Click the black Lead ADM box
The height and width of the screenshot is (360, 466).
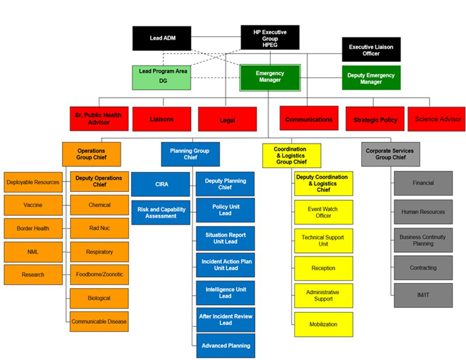[x=162, y=39]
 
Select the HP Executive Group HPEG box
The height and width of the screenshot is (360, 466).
[x=270, y=37]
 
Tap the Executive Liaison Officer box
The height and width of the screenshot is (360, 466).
[x=371, y=50]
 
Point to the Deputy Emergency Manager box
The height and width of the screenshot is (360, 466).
[x=371, y=78]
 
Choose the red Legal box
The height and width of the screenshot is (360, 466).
[x=227, y=120]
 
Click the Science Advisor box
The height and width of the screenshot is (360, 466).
[x=436, y=119]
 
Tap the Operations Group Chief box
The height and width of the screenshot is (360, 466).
[x=91, y=154]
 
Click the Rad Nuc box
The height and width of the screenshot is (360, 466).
[x=99, y=228]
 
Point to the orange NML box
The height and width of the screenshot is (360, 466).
[x=33, y=251]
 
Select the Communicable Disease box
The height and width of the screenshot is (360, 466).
[x=99, y=321]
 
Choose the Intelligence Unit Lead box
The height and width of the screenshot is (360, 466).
[x=225, y=292]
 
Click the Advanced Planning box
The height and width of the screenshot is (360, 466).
[x=225, y=345]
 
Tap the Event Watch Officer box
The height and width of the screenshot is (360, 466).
[x=323, y=212]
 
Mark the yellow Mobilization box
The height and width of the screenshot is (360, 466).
[x=323, y=324]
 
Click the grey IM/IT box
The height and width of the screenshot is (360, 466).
[x=423, y=295]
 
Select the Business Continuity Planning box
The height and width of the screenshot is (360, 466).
[x=423, y=240]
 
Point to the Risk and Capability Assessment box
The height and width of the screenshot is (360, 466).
[x=160, y=212]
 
